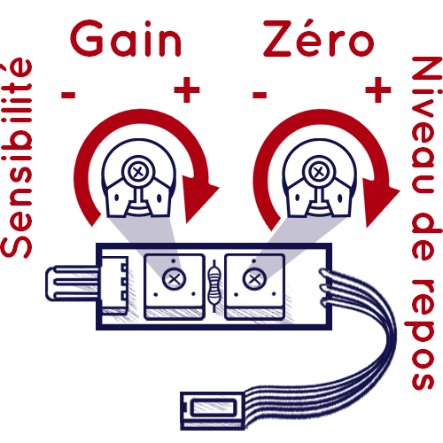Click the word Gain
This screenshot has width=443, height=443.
(x=126, y=39)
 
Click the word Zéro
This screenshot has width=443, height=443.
(x=319, y=38)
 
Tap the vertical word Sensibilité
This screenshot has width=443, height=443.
(x=17, y=158)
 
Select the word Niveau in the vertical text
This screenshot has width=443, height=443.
(x=424, y=125)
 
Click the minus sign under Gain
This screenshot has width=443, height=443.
(x=68, y=95)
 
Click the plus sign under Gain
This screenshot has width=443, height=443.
(x=187, y=89)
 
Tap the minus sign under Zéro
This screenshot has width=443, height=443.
(x=260, y=95)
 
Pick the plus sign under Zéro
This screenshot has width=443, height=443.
(x=378, y=89)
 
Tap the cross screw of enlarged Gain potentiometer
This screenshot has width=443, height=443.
(x=137, y=172)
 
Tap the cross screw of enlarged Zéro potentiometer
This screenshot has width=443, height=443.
(x=318, y=172)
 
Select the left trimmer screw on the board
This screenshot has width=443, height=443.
(x=174, y=279)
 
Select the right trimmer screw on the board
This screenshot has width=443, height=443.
(x=254, y=278)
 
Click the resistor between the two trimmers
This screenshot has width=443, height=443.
(x=214, y=285)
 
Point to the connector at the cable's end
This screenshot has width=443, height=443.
(x=212, y=411)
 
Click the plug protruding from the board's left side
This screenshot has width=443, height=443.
(x=72, y=284)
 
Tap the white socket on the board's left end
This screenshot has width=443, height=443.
(x=114, y=285)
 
